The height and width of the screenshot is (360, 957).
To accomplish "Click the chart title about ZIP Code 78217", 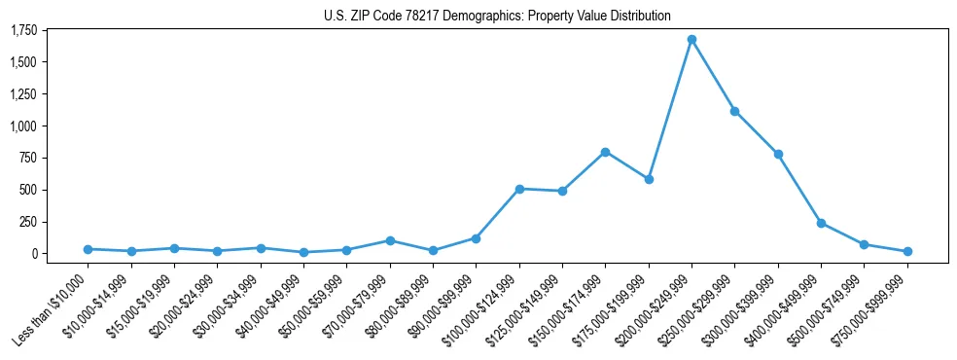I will [497, 16].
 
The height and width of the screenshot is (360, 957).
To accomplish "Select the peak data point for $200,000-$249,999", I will [691, 39].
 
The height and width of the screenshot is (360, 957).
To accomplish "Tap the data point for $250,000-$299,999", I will [734, 111].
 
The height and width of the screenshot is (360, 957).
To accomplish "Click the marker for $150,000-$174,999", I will [605, 152].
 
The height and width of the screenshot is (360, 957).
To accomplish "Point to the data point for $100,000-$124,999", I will [519, 189].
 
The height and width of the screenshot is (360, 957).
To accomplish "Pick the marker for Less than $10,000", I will [89, 249].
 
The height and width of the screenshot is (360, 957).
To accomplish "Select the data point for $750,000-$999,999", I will [906, 251].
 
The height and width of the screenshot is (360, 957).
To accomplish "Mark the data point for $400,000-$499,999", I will [821, 223].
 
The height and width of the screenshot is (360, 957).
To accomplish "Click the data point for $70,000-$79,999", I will [390, 240].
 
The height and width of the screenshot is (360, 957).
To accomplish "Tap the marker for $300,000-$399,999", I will [778, 154].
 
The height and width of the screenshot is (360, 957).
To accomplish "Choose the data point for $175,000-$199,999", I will [649, 179].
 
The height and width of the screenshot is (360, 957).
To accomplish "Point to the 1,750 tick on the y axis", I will [23, 31].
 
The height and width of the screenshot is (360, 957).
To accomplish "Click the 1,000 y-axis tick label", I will [23, 126].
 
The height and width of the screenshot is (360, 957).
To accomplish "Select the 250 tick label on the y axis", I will [28, 222].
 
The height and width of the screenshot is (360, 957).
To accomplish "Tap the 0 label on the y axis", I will [34, 254].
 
